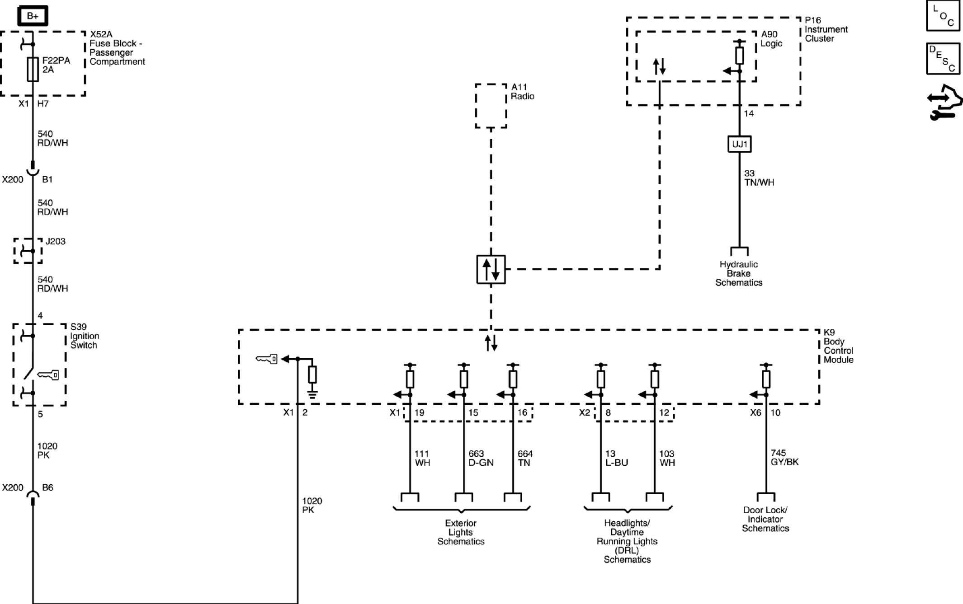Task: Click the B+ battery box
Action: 33,16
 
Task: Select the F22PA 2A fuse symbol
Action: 33,69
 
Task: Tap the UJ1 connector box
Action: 739,144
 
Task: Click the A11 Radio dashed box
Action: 491,106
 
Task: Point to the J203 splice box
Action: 28,251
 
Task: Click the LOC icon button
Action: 943,15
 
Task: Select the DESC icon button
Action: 943,58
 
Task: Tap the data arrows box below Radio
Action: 491,270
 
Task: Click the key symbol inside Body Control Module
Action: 267,359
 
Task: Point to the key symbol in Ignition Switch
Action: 48,375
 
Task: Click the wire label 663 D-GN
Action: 481,458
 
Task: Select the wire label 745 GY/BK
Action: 784,457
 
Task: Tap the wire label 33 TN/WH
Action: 759,178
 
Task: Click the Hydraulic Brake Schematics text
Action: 739,273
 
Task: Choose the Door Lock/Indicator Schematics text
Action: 765,519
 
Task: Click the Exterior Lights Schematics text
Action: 461,532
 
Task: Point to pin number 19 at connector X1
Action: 419,412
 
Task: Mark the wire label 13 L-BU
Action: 617,458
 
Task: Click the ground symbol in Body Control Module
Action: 312,394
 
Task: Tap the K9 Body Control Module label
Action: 838,346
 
